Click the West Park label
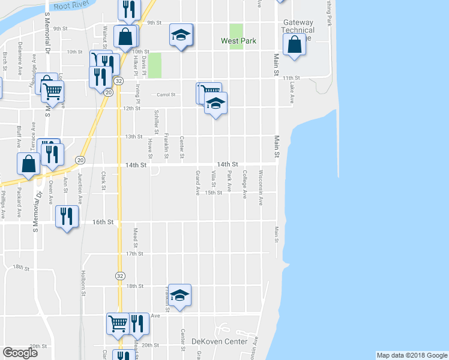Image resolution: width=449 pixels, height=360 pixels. (238, 41)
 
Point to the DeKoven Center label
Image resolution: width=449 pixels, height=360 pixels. (219, 341)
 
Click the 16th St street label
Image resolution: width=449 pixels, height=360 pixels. (103, 222)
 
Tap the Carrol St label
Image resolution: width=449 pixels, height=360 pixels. (166, 94)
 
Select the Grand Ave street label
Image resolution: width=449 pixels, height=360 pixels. (198, 184)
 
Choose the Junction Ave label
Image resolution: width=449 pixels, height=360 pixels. (80, 187)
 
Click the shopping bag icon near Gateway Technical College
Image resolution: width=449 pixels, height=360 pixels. (294, 44)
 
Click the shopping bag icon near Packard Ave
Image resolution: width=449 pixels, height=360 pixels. (29, 163)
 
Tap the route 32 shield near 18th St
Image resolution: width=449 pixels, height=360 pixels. (120, 275)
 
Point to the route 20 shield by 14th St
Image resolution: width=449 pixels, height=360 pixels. (80, 160)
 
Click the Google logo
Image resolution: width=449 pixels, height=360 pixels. (20, 353)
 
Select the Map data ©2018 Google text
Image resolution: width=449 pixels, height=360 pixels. (411, 355)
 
